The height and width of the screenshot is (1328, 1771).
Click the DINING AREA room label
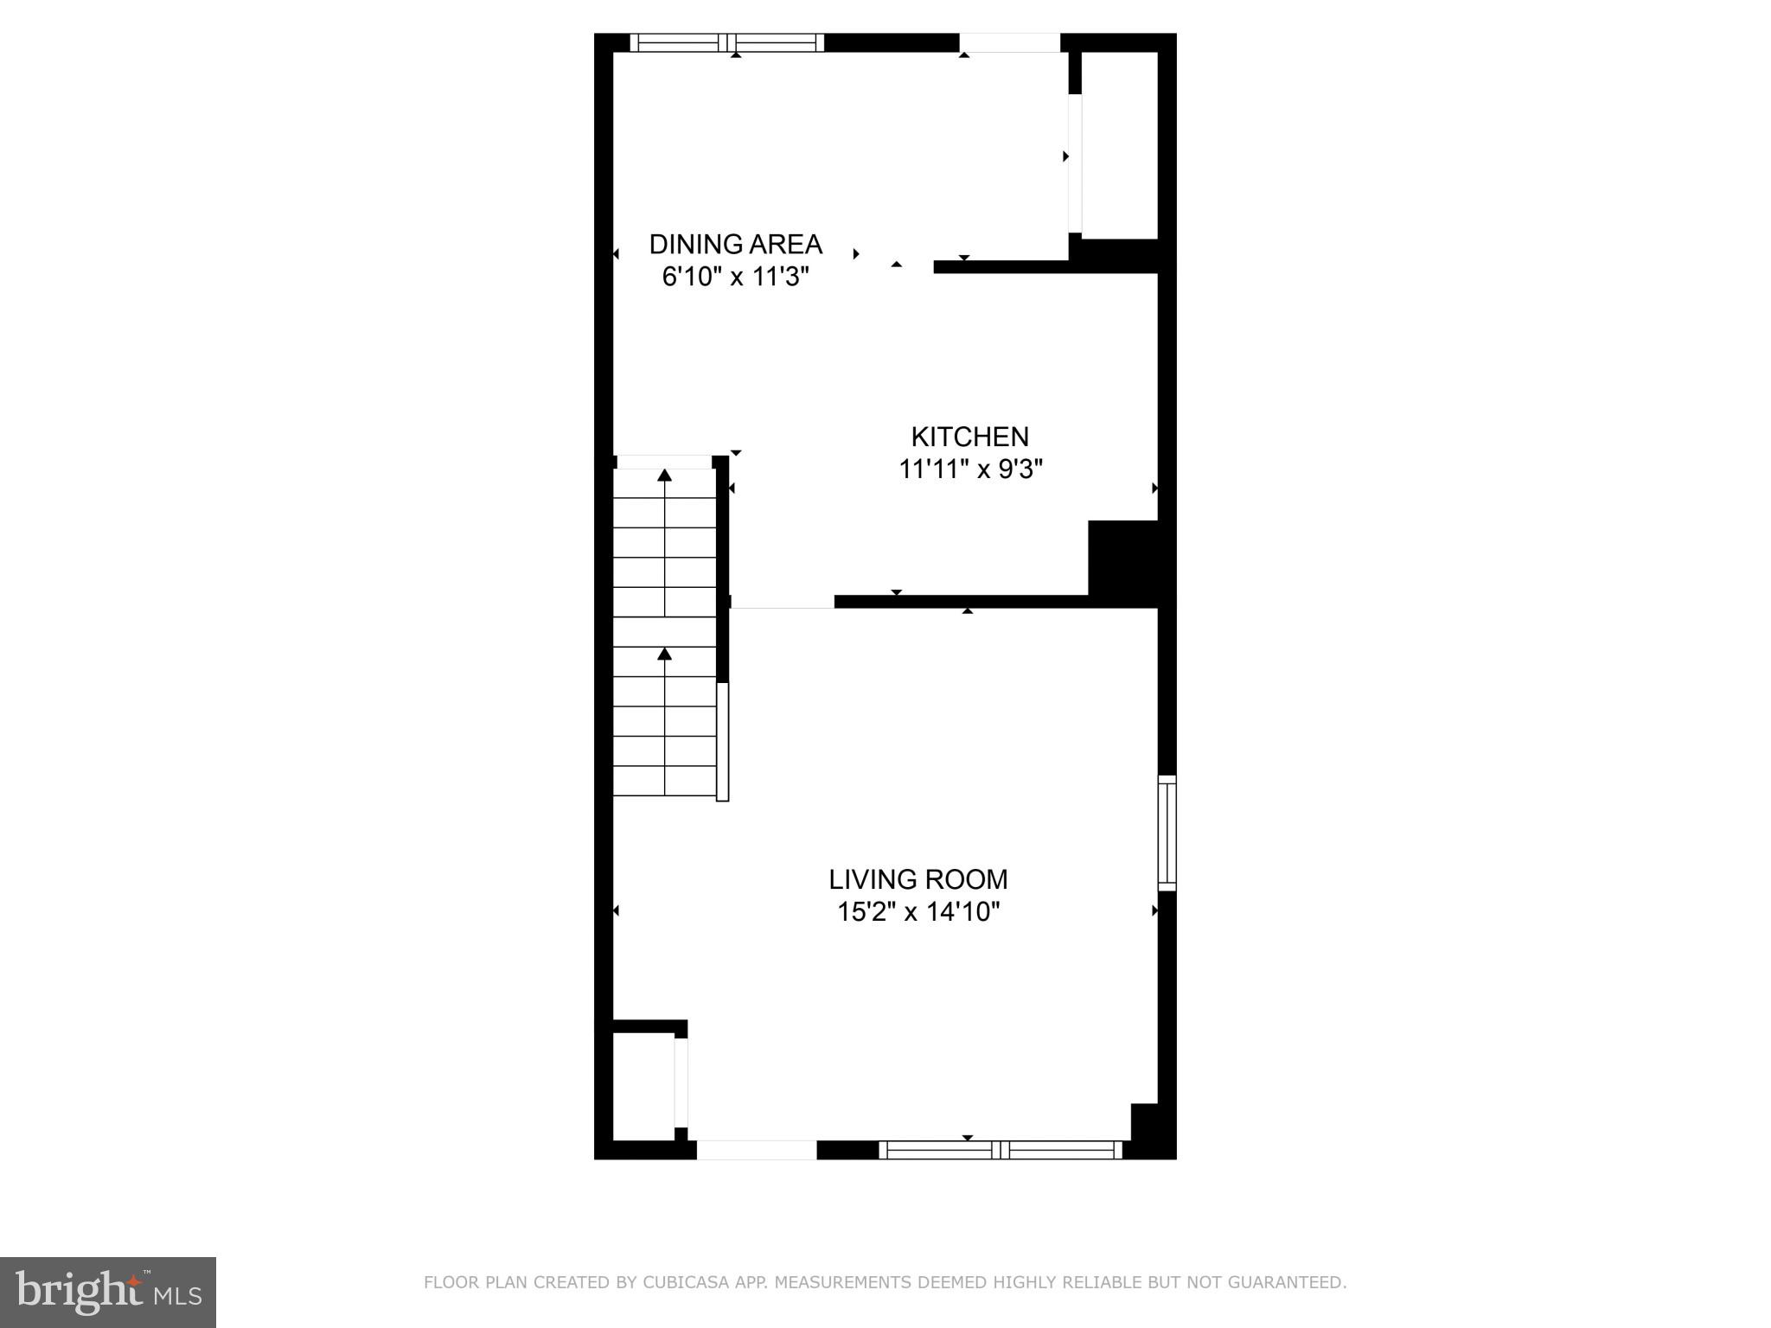tap(735, 245)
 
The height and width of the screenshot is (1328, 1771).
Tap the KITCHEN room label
tap(969, 437)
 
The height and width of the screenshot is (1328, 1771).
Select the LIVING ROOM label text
tap(917, 879)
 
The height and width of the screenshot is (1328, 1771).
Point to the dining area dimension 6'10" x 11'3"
tap(735, 278)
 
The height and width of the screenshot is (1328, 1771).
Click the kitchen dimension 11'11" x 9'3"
tap(970, 469)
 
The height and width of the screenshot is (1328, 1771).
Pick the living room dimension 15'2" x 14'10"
tap(917, 912)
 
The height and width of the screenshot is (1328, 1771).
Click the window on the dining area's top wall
tap(726, 42)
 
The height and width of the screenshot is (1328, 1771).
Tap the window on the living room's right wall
tap(1167, 833)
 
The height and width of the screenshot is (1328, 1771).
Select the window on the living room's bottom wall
tap(1000, 1150)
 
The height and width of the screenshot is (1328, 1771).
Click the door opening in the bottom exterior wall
tap(757, 1150)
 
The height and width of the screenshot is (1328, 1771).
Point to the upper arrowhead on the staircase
tap(664, 475)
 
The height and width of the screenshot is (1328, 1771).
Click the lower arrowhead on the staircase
tap(664, 654)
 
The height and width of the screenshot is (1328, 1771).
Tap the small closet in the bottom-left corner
tap(643, 1086)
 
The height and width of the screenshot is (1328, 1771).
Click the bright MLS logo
tap(108, 1293)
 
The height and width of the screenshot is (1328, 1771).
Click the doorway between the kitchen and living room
tap(783, 602)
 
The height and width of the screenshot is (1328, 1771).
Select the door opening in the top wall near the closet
tap(1010, 42)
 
